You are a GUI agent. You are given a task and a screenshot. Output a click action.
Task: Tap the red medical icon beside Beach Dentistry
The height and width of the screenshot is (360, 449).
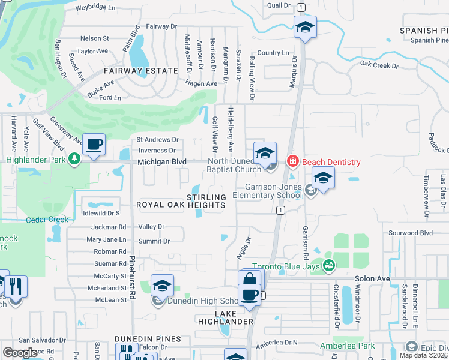click(x=292, y=161)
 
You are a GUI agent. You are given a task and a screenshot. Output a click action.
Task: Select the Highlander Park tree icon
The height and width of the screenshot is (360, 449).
click(x=74, y=159)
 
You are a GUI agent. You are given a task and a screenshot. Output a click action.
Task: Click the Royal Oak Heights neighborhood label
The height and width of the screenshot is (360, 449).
click(x=181, y=205)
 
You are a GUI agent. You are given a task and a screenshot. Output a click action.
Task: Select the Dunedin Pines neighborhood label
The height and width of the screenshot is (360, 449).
click(x=148, y=339)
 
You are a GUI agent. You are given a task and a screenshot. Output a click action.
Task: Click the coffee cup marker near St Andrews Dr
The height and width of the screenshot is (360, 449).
click(x=94, y=145)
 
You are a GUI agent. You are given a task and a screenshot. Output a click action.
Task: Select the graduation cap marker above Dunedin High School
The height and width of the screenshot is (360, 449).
click(x=162, y=286)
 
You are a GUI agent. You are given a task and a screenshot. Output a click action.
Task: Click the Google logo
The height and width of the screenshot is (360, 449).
click(x=20, y=353)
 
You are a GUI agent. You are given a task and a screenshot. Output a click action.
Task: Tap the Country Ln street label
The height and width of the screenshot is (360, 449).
click(x=273, y=53)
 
